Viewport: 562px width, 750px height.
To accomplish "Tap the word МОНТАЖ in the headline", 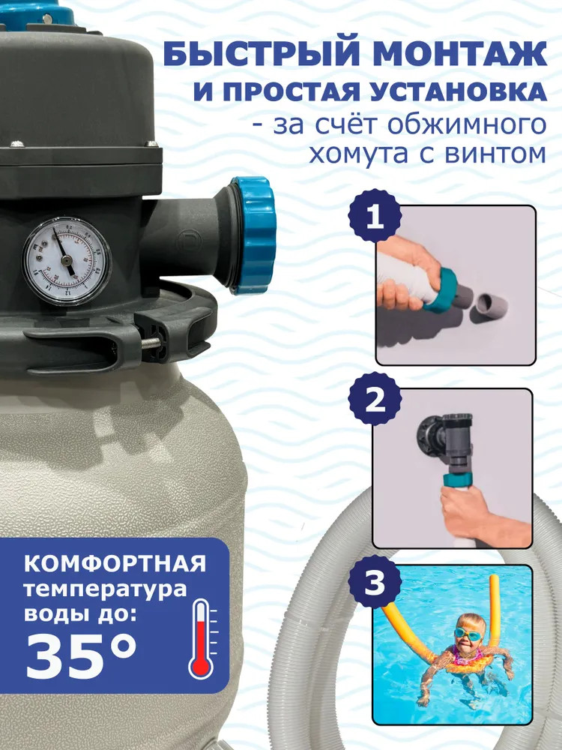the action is click(x=460, y=54).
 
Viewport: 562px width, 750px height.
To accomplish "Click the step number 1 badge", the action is click(x=375, y=216).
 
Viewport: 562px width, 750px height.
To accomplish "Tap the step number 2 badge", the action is click(x=375, y=399).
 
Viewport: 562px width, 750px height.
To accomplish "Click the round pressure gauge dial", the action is click(x=67, y=261).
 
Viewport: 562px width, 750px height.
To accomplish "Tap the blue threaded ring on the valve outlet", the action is click(x=253, y=235).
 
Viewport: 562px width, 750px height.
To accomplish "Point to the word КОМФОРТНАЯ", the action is click(x=115, y=564).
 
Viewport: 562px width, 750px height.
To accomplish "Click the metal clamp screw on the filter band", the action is click(x=151, y=341).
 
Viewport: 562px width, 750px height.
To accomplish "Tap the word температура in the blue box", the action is click(x=105, y=589).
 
